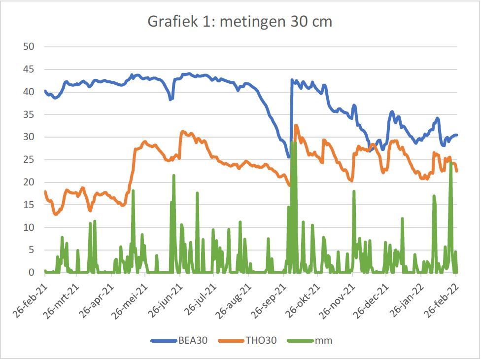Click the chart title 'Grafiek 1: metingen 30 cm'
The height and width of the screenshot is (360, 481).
[240, 22]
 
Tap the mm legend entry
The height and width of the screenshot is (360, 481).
[324, 341]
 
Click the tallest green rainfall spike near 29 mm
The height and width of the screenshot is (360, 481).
[294, 143]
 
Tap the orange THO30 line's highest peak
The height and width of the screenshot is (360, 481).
[296, 125]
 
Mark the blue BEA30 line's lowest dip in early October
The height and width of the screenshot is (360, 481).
[289, 157]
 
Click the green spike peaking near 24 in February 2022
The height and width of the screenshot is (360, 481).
[451, 163]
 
